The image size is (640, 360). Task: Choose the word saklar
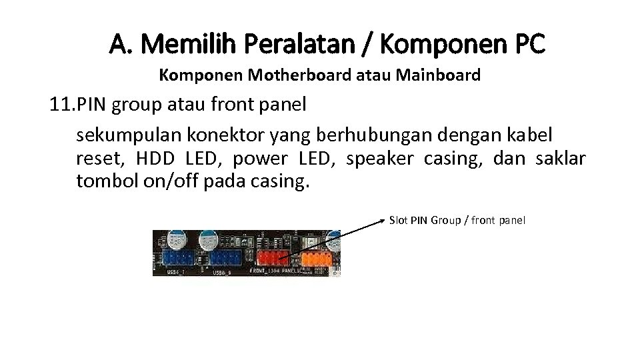point(561,159)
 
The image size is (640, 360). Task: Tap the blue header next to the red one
point(225,259)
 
